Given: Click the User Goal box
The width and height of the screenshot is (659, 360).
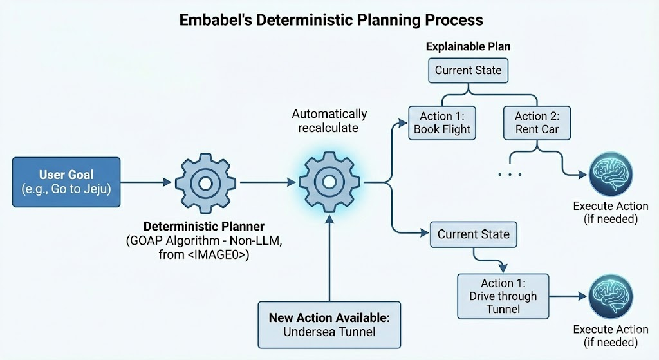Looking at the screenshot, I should pyautogui.click(x=66, y=182).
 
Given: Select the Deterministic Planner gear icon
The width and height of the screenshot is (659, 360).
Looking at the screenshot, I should pyautogui.click(x=205, y=183).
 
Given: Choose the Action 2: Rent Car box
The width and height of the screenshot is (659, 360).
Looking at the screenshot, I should pyautogui.click(x=537, y=122).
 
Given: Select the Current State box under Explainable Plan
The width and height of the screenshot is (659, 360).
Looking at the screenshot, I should pyautogui.click(x=469, y=70).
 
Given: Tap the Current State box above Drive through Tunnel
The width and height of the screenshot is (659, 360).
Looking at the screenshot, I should pyautogui.click(x=474, y=234).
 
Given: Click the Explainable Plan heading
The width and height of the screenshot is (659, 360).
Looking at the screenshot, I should pyautogui.click(x=468, y=47).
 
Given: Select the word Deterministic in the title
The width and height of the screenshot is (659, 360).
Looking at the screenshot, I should pyautogui.click(x=288, y=20).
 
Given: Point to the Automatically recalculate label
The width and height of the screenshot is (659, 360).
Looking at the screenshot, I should pyautogui.click(x=329, y=120).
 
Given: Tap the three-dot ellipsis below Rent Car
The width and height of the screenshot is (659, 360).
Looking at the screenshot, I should pyautogui.click(x=510, y=175).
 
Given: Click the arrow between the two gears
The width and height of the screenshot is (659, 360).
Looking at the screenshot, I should pyautogui.click(x=267, y=183).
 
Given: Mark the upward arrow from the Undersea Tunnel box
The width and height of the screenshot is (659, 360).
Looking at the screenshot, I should pyautogui.click(x=329, y=258).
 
